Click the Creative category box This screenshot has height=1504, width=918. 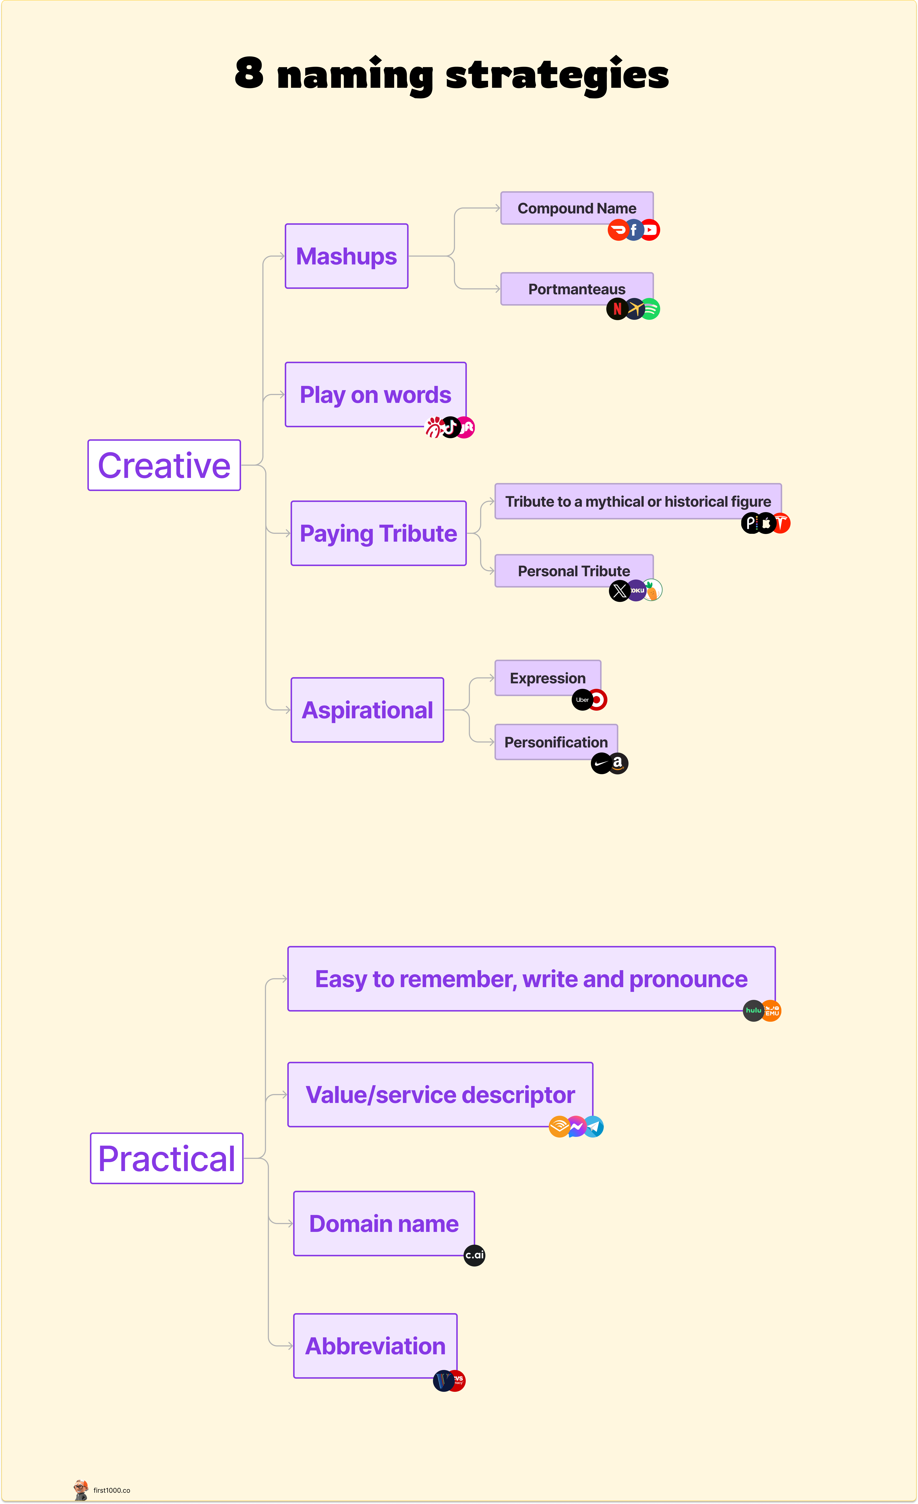[x=164, y=465]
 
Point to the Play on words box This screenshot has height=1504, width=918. [x=375, y=394]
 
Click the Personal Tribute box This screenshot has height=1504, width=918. [x=574, y=571]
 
